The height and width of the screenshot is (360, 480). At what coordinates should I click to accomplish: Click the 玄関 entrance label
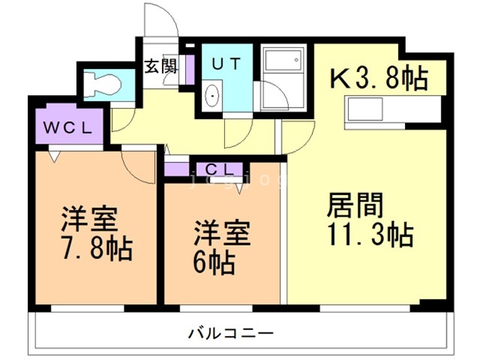coord(160,67)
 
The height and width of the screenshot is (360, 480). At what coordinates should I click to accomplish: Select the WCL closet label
coord(67,127)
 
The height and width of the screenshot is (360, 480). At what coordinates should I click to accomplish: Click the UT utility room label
coord(225,64)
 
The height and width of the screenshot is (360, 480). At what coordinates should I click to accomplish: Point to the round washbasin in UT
coord(212,95)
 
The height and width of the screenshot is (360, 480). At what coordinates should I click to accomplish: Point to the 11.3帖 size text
coord(369,236)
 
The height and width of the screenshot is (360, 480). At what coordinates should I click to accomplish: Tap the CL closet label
coord(219,169)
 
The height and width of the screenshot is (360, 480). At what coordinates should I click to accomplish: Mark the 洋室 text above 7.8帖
coord(88,218)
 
